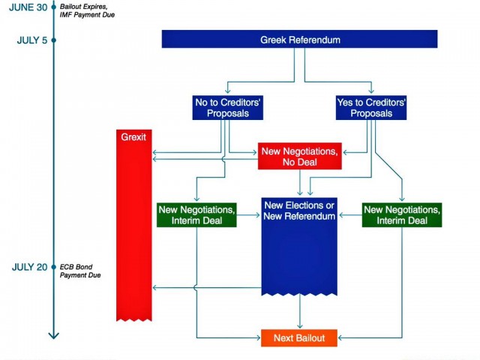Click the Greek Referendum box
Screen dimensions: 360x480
[x=299, y=39]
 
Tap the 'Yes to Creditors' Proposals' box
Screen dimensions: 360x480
[x=370, y=108]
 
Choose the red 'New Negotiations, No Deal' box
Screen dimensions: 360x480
[x=299, y=156]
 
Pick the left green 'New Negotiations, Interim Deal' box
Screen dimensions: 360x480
[x=197, y=215]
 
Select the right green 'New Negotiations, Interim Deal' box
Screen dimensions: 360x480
[x=402, y=215]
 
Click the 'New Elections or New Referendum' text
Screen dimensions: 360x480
[x=299, y=211]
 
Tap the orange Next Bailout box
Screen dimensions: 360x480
[x=299, y=338]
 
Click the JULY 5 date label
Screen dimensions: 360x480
[x=31, y=40]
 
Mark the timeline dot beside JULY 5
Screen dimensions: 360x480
[x=54, y=40]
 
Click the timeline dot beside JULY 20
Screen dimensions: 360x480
[x=54, y=267]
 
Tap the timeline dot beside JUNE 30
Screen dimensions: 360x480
[x=54, y=7]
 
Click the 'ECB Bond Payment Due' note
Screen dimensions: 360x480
[x=81, y=271]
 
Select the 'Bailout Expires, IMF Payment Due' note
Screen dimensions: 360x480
[x=87, y=10]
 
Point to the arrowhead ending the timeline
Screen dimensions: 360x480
[x=53, y=334]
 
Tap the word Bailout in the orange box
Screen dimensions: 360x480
[x=310, y=338]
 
